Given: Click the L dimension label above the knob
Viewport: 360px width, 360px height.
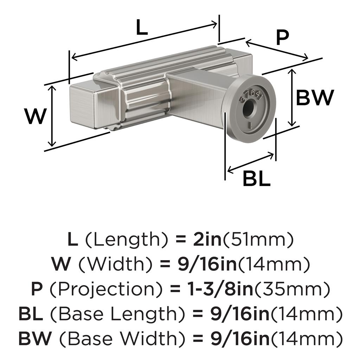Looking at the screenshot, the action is [x=142, y=27].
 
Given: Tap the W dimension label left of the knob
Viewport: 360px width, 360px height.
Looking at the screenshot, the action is [x=36, y=116].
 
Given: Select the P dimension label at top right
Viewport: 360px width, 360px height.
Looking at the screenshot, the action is [x=282, y=37].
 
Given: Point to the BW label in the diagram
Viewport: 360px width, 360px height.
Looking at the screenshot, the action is [x=315, y=98].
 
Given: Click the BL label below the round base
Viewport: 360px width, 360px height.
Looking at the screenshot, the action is [x=257, y=178].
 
